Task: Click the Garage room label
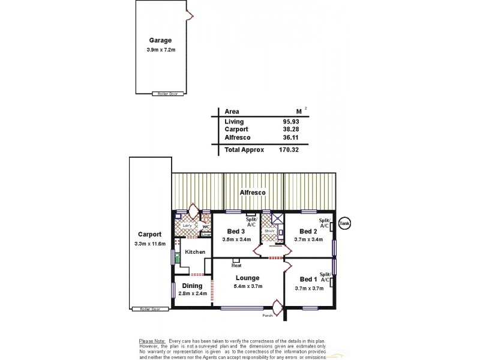point(160,41)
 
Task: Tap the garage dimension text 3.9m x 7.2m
point(160,50)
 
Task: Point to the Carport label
point(149,235)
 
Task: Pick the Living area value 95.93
point(292,122)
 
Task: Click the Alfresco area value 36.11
point(292,137)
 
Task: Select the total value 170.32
point(290,150)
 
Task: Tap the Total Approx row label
point(244,150)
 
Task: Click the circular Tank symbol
point(344,222)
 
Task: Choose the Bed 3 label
point(236,232)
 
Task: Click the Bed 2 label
point(308,232)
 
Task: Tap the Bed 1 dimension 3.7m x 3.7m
point(309,288)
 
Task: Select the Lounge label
point(247,278)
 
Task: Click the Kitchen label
point(195,252)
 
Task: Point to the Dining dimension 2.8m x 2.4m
point(192,294)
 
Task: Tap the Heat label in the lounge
point(236,266)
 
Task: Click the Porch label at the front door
point(268,315)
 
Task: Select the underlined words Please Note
point(152,340)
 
